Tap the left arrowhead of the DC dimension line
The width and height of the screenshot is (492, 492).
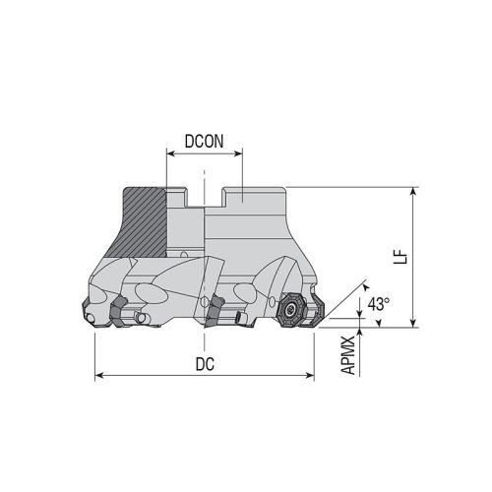coord(99,375)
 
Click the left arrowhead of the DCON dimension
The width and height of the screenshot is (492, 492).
coord(168,154)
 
